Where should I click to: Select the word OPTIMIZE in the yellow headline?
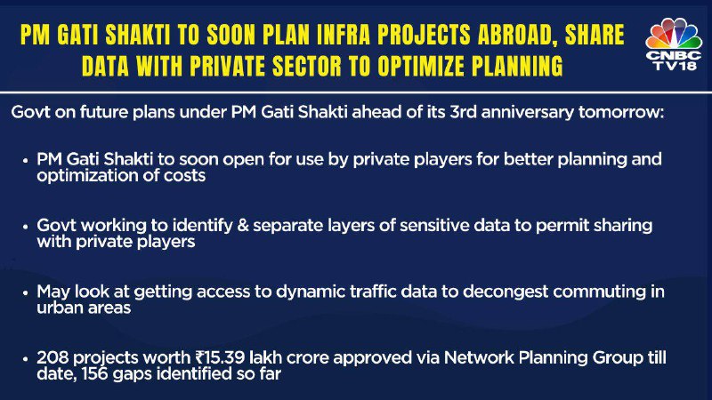click(x=421, y=66)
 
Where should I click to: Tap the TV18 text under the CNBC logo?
click(x=674, y=66)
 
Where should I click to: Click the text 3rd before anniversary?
click(x=463, y=112)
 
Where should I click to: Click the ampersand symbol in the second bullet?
click(x=243, y=225)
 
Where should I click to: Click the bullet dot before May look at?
click(x=26, y=292)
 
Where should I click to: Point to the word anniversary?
click(x=527, y=112)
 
